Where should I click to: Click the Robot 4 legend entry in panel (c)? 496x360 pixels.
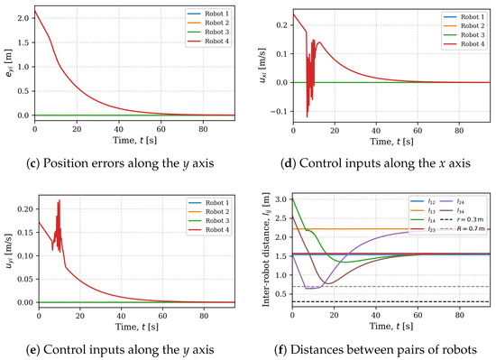click(208, 42)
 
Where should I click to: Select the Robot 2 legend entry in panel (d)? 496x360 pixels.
click(464, 25)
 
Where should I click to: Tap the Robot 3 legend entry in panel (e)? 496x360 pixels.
click(209, 220)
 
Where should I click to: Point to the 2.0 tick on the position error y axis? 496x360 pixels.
click(23, 18)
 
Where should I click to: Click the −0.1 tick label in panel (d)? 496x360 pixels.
click(279, 111)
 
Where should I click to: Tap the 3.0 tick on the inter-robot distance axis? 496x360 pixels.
click(282, 199)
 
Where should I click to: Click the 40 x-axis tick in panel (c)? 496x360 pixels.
click(119, 129)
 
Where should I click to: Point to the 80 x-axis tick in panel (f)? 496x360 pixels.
click(459, 316)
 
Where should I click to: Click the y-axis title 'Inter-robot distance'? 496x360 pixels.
click(266, 249)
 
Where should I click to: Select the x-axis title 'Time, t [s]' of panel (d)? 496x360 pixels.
click(391, 141)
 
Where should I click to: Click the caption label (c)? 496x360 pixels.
click(33, 163)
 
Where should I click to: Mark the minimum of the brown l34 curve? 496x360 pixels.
click(327, 283)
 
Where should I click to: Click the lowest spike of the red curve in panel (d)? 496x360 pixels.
click(307, 117)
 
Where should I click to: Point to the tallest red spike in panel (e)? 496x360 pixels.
click(60, 200)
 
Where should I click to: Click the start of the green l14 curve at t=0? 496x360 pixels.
click(292, 198)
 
